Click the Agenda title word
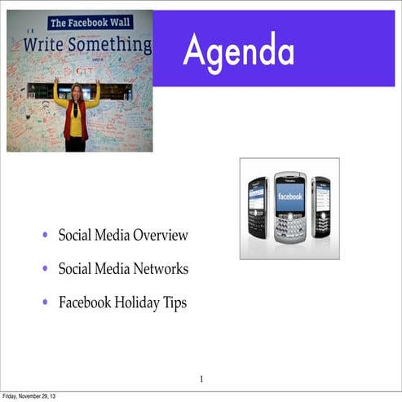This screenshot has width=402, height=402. coord(238,51)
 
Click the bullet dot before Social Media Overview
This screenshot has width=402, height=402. coord(46,236)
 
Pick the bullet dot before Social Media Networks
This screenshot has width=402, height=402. coord(46,270)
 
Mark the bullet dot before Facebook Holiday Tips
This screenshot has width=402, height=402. coord(46,303)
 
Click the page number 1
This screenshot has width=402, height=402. coord(201,378)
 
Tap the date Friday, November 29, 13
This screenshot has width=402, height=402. coord(30,396)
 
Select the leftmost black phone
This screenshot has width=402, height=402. coord(258,210)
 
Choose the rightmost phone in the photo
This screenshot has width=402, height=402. coord(321,209)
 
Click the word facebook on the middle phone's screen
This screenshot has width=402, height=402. coord(289,197)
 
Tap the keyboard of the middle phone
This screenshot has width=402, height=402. coord(289,228)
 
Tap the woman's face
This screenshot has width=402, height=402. coord(77,91)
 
